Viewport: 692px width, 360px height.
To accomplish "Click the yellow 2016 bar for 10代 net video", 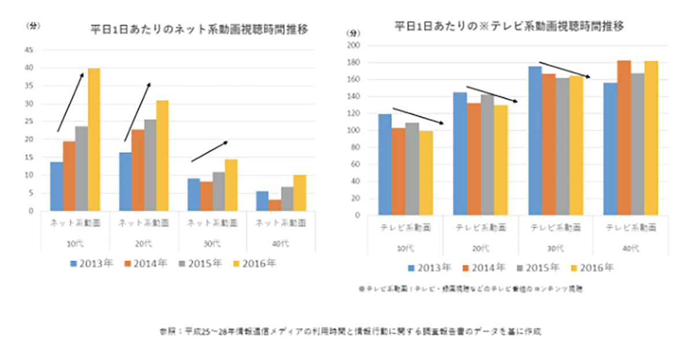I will point(93,140).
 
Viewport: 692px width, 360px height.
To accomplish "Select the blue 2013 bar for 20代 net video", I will point(125,182).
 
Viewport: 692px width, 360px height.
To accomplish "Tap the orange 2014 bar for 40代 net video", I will point(275,205).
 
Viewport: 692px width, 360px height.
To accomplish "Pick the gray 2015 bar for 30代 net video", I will point(219,192).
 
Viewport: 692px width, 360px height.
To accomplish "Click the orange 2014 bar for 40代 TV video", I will point(623,138).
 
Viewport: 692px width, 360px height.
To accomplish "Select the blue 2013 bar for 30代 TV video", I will point(535,141).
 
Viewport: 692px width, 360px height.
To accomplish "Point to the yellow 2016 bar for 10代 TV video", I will point(426,173).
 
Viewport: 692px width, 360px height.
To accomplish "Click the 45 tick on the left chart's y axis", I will point(28,50).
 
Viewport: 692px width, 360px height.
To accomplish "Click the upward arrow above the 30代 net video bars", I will point(210,151).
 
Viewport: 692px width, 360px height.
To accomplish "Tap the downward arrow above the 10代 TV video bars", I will point(418,116).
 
